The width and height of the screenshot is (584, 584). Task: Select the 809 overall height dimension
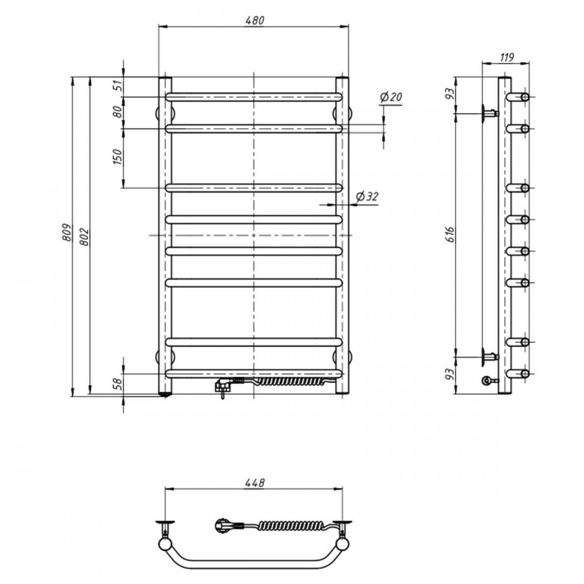point(67,232)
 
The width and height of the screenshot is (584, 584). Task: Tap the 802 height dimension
point(85,237)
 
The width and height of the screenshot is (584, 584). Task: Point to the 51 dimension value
point(118,86)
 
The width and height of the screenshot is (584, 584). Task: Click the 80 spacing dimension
point(118,112)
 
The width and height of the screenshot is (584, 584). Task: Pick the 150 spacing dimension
point(118,157)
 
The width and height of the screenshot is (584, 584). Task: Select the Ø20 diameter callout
point(391,97)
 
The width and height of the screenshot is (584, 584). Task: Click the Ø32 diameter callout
point(367,196)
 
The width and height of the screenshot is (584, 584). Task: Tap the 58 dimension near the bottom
point(118,384)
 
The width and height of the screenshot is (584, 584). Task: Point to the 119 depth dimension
point(506,57)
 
